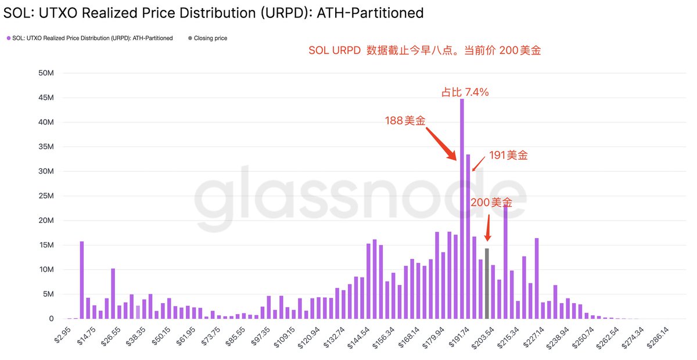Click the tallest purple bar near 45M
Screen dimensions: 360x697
point(462,209)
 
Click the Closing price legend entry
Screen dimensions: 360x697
point(207,38)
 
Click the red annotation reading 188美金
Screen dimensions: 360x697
point(405,121)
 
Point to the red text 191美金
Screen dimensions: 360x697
point(509,155)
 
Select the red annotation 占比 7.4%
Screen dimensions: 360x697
point(465,92)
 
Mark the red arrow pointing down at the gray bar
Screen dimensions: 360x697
point(487,229)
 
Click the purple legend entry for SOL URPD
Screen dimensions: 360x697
point(90,38)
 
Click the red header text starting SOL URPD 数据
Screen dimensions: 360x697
point(425,51)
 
